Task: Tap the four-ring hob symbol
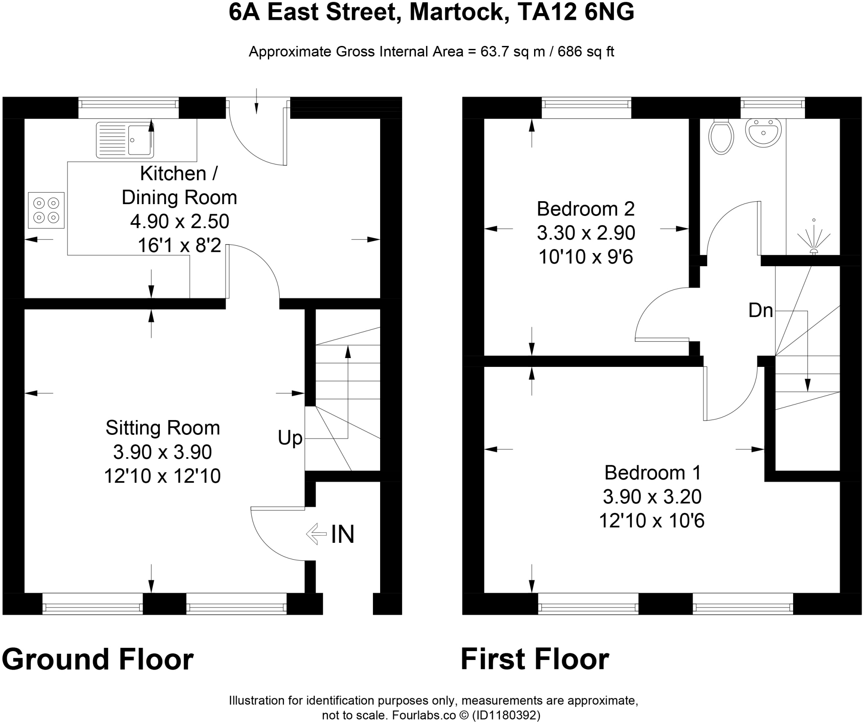click(x=46, y=210)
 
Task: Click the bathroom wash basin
click(x=763, y=132)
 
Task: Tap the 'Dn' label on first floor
click(x=760, y=311)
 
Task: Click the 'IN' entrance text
click(x=343, y=534)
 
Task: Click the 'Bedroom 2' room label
click(x=586, y=209)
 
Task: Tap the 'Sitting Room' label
click(x=162, y=428)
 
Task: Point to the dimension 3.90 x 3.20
click(x=652, y=497)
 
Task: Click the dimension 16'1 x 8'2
click(x=179, y=245)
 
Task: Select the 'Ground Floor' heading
click(x=97, y=659)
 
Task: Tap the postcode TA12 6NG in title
click(x=575, y=12)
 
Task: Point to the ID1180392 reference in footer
click(x=505, y=715)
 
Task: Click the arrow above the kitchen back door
click(x=256, y=102)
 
